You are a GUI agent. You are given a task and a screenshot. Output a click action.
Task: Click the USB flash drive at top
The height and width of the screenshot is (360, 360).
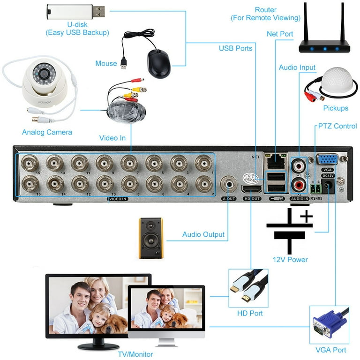(75, 12)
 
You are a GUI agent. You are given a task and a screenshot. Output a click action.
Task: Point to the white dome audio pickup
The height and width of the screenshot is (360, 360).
(336, 84)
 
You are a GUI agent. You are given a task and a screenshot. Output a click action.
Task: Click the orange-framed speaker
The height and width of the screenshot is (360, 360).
(151, 238)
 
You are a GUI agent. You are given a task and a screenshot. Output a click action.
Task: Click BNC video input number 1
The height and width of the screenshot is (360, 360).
(203, 164)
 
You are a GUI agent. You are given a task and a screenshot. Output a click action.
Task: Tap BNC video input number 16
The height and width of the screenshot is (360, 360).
(30, 184)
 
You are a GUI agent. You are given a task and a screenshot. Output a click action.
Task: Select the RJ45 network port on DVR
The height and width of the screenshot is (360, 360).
(275, 162)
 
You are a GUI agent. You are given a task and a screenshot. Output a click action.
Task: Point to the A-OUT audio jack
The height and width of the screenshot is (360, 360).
(228, 183)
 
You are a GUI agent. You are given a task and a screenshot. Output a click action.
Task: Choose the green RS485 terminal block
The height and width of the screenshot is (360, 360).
(315, 188)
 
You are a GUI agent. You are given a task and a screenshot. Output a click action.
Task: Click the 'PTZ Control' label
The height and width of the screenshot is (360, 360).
(337, 126)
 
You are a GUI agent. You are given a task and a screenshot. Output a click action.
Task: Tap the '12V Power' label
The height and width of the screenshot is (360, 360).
(290, 260)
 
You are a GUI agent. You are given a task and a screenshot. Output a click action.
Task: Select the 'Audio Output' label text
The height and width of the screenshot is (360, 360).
(203, 234)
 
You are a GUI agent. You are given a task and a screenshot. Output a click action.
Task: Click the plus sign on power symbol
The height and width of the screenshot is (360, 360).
(306, 217)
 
